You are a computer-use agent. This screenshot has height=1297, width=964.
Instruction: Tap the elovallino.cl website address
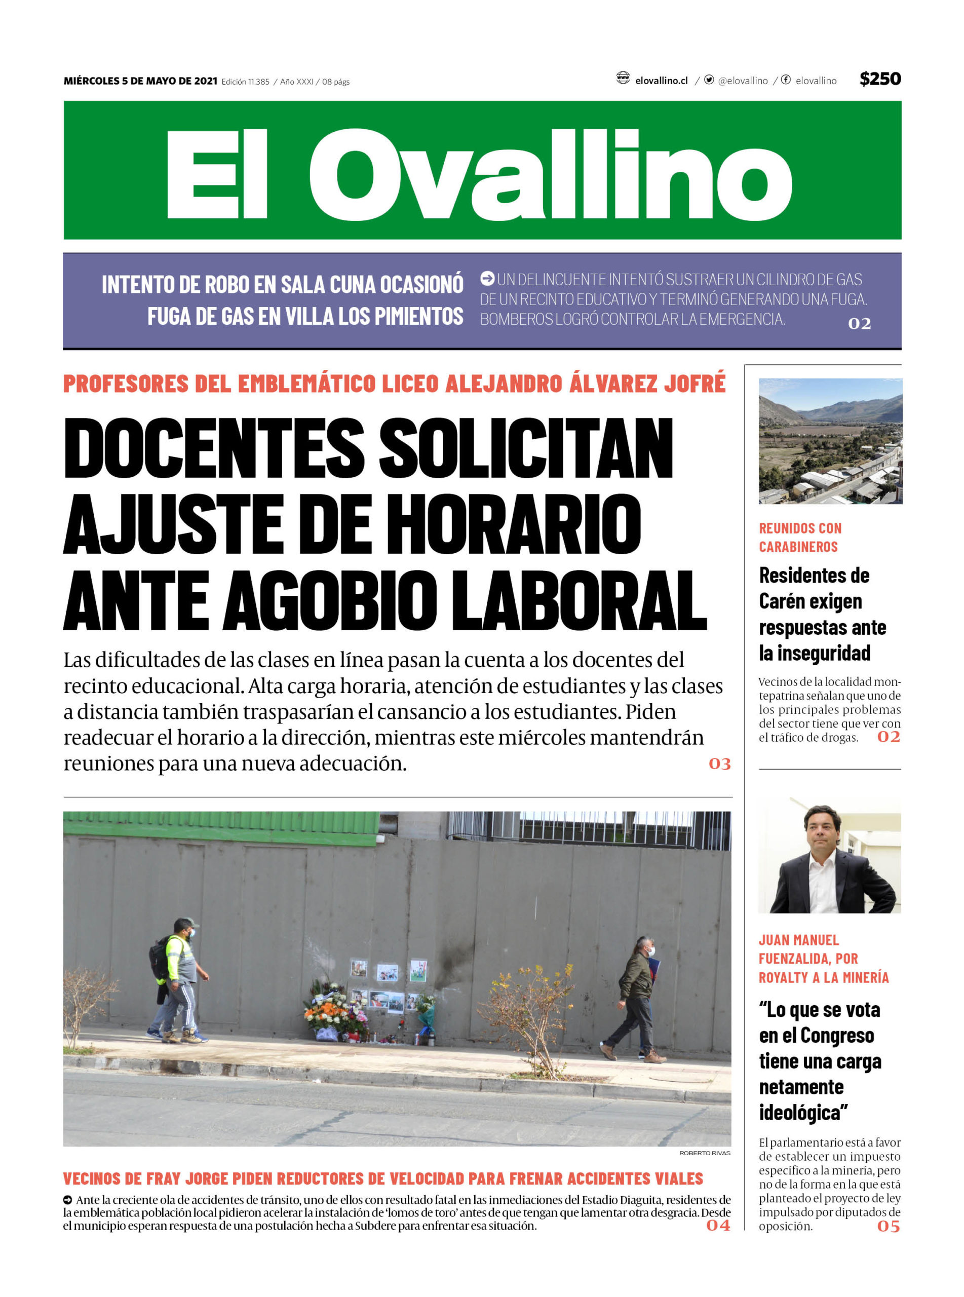tap(661, 81)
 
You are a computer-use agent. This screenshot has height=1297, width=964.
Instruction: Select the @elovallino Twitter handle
tap(742, 81)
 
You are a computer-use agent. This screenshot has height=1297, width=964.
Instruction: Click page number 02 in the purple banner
tap(859, 323)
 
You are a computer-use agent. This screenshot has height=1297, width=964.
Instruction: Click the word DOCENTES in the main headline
tap(214, 450)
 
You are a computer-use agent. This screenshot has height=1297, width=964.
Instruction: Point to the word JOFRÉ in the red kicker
tap(695, 384)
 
